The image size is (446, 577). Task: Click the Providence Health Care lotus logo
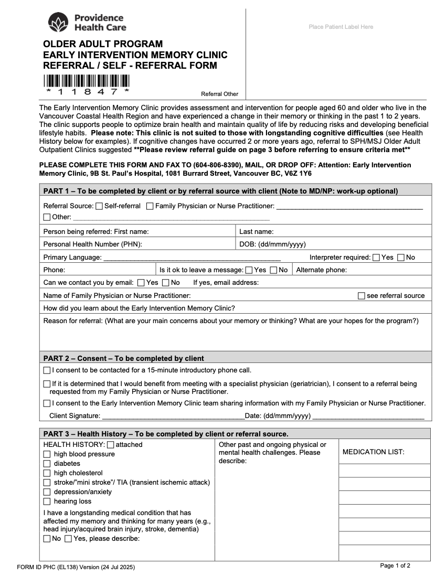pos(58,23)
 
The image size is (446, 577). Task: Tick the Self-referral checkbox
pos(100,206)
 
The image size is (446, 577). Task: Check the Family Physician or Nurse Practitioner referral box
pos(150,206)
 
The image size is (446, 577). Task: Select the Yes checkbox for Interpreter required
pos(376,258)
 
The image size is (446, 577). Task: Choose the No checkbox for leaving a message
pos(273,270)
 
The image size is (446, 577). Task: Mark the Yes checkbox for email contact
pos(141,283)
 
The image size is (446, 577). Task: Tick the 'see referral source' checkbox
pos(361,296)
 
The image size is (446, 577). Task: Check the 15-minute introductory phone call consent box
pos(47,370)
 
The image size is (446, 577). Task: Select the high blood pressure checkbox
pos(47,454)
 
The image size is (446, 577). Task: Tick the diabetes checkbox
pos(47,464)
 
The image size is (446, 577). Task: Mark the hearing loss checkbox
pos(47,501)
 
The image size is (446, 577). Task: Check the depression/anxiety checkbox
pos(47,492)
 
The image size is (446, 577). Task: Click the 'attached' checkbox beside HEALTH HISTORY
pos(110,445)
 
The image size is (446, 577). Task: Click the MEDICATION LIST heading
pos(373,452)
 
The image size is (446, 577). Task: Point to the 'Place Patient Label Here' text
pos(341,27)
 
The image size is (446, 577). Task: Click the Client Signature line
pos(173,416)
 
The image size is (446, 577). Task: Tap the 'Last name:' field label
pos(256,232)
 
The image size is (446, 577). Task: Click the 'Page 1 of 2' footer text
pos(395,565)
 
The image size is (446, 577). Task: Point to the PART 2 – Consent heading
pos(123,358)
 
